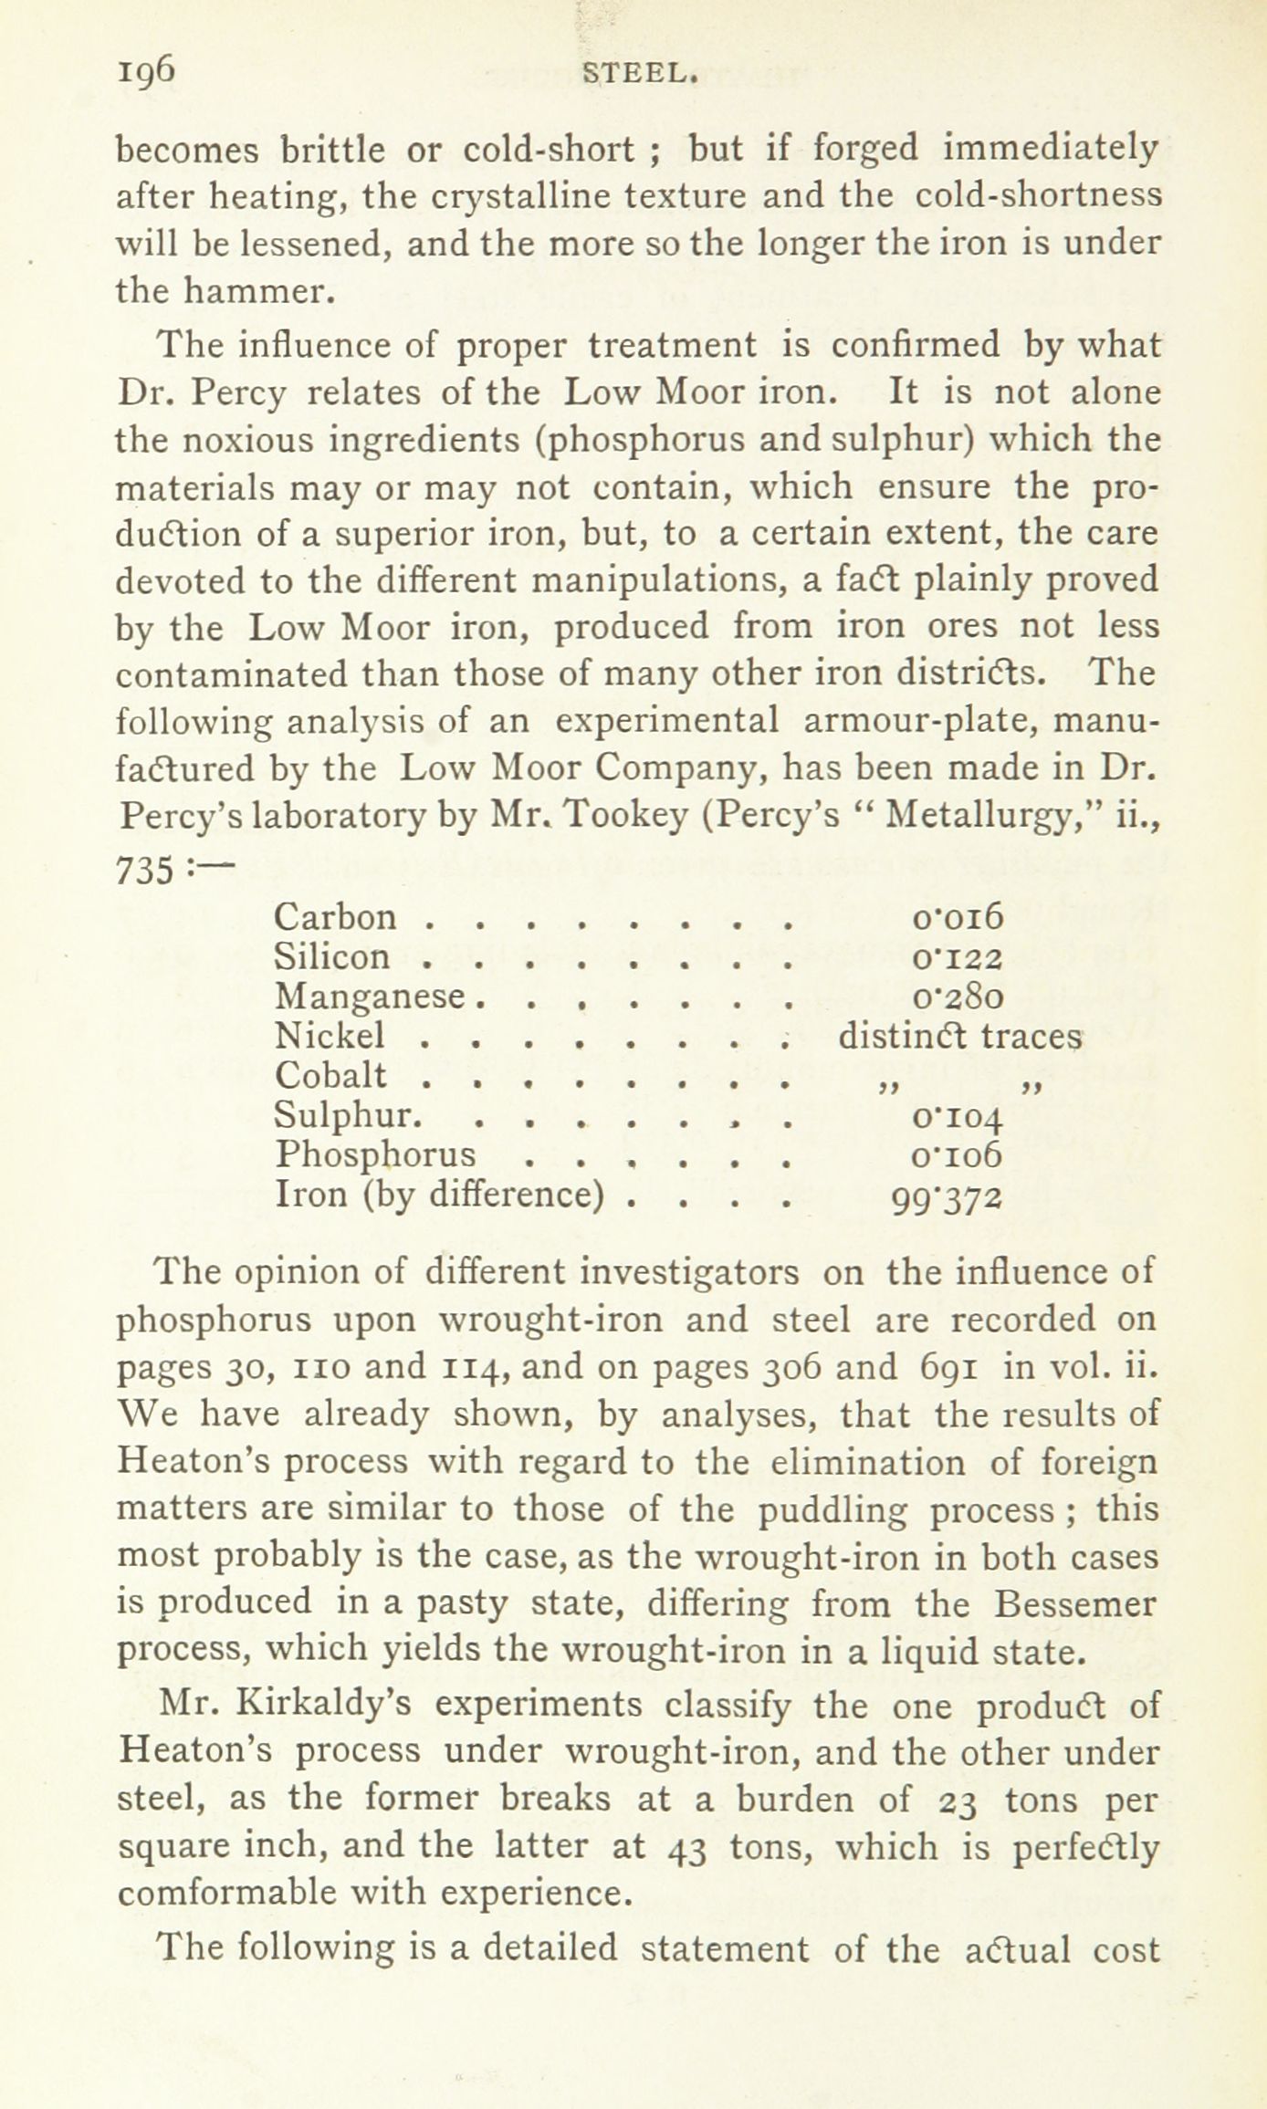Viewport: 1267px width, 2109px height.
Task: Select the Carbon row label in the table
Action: coord(336,916)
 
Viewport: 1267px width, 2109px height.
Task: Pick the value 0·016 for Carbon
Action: coord(957,916)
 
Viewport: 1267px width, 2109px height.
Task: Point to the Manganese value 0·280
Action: coord(957,996)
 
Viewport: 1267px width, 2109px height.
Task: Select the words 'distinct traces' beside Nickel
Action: coord(959,1036)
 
